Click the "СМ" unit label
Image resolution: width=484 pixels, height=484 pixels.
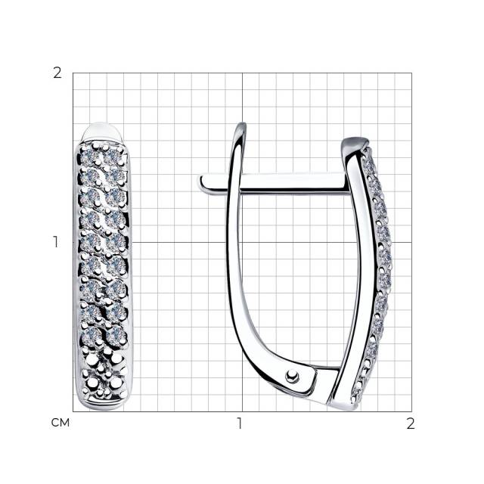click(x=60, y=423)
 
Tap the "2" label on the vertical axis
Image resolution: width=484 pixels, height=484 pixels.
click(x=57, y=73)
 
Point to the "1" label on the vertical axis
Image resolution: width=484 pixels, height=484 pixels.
click(x=55, y=242)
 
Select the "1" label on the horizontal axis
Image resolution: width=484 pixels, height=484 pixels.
click(x=240, y=423)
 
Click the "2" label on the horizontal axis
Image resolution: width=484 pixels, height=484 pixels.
click(x=410, y=423)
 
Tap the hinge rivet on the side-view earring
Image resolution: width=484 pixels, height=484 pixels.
click(x=292, y=375)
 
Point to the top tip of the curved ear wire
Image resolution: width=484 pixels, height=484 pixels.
click(x=243, y=124)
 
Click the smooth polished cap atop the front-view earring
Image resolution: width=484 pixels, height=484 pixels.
click(x=103, y=132)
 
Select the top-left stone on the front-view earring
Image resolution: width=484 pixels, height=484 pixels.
click(x=89, y=157)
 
